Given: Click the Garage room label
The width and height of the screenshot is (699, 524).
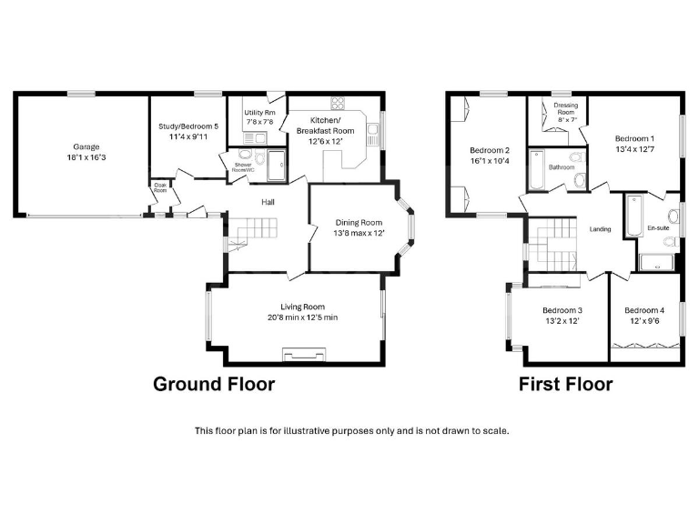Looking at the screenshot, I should (x=86, y=146).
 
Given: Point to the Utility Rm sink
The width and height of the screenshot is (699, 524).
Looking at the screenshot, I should (x=256, y=137).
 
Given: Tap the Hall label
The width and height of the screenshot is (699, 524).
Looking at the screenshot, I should (x=268, y=202).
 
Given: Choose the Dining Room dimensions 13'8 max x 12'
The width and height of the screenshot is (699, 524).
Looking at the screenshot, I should (x=359, y=233).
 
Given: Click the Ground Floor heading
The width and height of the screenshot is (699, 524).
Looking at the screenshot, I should (x=213, y=384).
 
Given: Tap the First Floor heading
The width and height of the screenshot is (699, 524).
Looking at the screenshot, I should (x=565, y=384).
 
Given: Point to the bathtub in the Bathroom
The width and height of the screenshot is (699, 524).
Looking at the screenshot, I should (x=536, y=169).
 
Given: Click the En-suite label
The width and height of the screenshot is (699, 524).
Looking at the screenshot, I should (x=657, y=227).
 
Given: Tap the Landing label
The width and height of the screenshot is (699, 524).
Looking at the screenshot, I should (x=600, y=229).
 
